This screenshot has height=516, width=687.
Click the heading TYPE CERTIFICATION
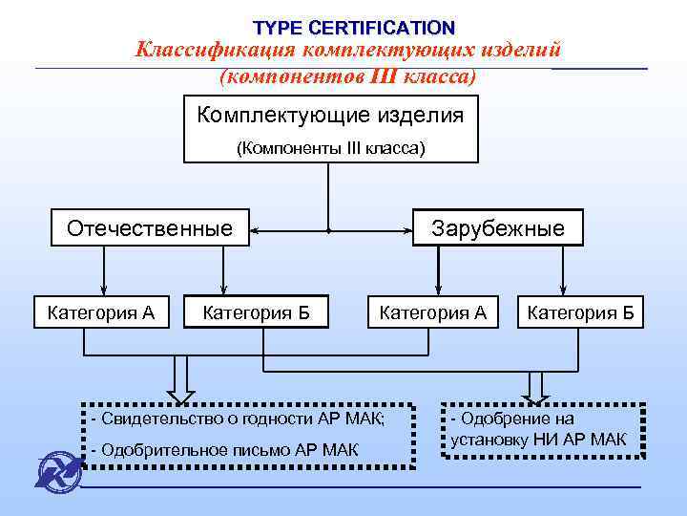coord(354,28)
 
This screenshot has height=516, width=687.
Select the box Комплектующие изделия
coord(330,116)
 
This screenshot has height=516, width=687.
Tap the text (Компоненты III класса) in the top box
coord(330,148)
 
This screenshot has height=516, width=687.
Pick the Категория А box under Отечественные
coord(100,312)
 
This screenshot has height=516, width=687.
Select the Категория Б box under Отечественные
coord(257,312)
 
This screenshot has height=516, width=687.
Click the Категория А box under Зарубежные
coord(433,312)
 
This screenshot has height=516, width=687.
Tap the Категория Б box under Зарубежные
coord(586,312)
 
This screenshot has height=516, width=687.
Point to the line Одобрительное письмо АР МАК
coord(223,449)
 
